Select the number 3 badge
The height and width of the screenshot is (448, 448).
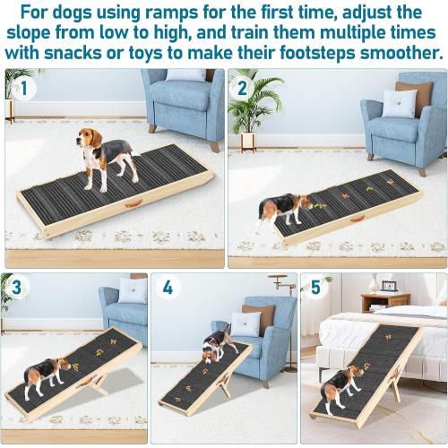coord(16,289)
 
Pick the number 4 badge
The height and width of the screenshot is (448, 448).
coord(168,289)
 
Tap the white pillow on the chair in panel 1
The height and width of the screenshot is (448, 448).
coord(185,76)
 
